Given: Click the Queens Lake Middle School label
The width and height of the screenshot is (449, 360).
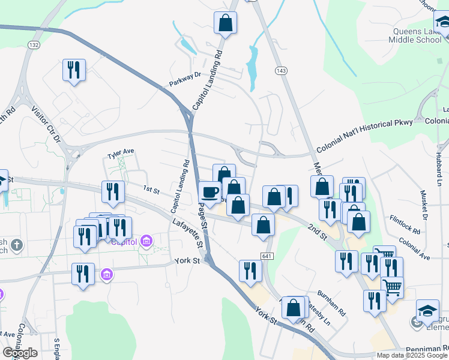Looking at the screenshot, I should click(x=417, y=35).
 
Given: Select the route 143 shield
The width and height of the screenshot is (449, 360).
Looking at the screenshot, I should click(x=281, y=70).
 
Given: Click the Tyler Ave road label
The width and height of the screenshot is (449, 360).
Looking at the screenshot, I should click(x=120, y=154).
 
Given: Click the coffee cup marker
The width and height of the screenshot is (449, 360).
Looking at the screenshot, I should click(x=210, y=192).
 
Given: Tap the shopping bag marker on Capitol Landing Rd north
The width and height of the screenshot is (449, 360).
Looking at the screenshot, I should click(x=225, y=23).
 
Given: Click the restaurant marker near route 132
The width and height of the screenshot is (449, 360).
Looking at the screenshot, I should click(x=74, y=70).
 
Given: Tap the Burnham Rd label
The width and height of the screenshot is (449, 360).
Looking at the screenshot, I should click(x=332, y=304).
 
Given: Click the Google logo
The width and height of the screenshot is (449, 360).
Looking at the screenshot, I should click(x=20, y=352).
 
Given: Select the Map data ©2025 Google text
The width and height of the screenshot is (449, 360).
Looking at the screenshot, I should click(x=412, y=355).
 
